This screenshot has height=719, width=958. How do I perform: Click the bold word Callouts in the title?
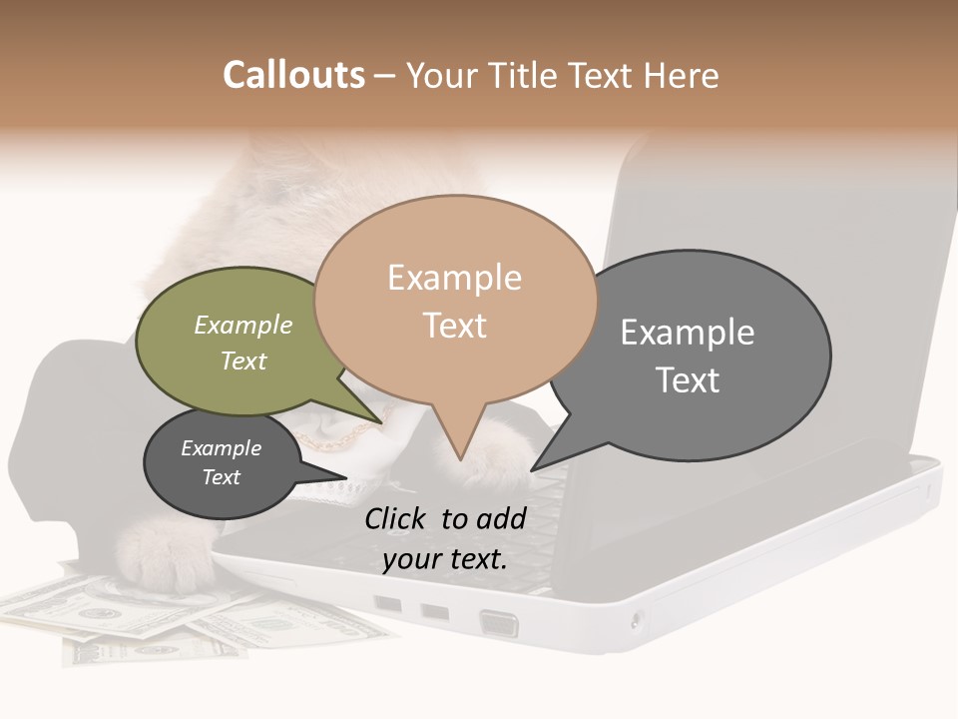pyautogui.click(x=293, y=75)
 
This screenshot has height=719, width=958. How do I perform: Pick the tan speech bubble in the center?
pyautogui.click(x=455, y=300)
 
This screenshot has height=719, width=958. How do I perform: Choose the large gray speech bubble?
pyautogui.click(x=699, y=355)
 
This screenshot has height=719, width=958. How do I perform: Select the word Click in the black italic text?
pyautogui.click(x=397, y=518)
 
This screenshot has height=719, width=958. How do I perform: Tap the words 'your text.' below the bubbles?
pyautogui.click(x=445, y=559)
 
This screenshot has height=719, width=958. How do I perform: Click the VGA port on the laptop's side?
pyautogui.click(x=499, y=623)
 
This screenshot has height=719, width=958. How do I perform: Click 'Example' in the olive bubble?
pyautogui.click(x=243, y=326)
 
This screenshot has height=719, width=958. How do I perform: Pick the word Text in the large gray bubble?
pyautogui.click(x=688, y=380)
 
